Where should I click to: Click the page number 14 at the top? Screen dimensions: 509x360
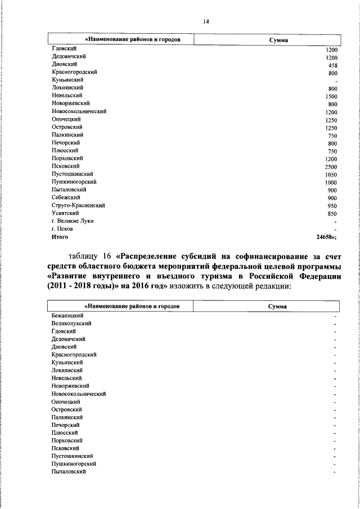coord(206,21)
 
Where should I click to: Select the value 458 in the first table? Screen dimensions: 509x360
coord(332,65)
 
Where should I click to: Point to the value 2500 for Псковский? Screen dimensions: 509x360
coord(331,167)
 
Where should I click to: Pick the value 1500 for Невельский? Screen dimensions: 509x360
coord(331,97)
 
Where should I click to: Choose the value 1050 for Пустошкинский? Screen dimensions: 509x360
coord(331,175)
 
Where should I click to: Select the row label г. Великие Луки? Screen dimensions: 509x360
coord(72,221)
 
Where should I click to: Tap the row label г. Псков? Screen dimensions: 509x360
coord(63,229)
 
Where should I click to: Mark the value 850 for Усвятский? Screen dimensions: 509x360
coord(332,214)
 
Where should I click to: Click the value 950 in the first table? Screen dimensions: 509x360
coord(332,206)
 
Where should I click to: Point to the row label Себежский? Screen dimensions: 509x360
coord(65,197)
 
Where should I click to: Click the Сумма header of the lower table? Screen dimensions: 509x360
coord(277,307)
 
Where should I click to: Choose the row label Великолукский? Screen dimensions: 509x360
coord(71,323)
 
